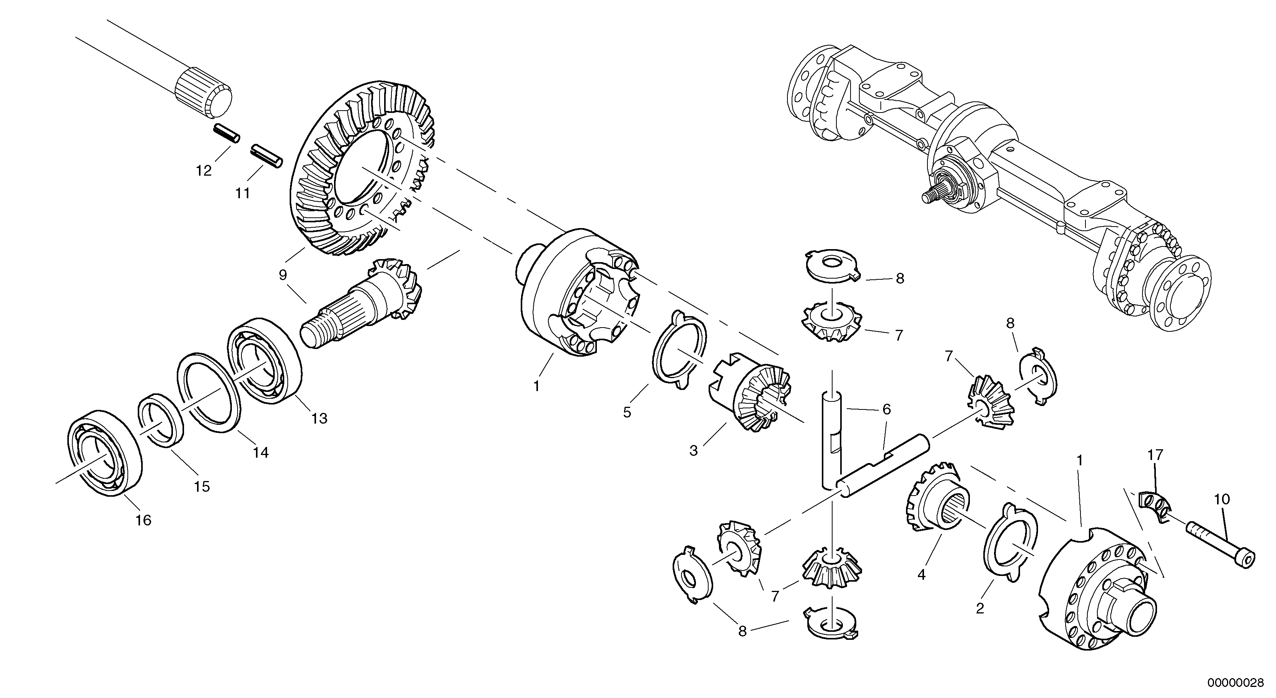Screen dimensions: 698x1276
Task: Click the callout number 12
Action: coord(204,171)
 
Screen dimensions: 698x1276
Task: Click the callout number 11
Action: coord(242,193)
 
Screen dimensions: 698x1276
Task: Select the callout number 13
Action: coord(319,419)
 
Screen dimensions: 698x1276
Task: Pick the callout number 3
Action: coord(693,450)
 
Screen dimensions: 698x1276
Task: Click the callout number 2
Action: coord(980,608)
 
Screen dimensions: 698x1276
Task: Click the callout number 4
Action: coord(921,575)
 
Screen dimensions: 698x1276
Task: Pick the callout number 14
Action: coord(261,452)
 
